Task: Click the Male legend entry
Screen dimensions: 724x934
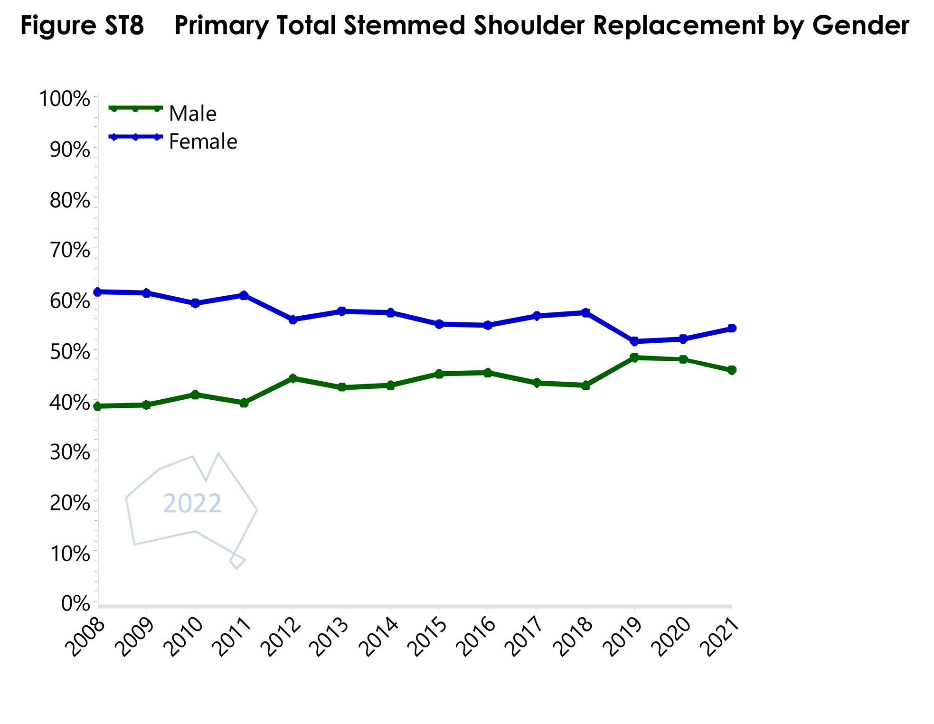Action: (192, 114)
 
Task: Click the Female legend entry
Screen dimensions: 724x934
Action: (203, 141)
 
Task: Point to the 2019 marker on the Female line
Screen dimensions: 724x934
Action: (634, 341)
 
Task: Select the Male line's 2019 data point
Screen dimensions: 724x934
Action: (634, 357)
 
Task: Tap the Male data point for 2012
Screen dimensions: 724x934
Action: (293, 378)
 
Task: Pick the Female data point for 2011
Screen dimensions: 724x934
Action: (244, 295)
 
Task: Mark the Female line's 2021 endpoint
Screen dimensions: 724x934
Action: (732, 328)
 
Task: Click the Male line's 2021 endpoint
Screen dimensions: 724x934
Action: (732, 370)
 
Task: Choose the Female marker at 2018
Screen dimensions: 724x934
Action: (585, 312)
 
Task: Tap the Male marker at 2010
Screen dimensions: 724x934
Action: (195, 395)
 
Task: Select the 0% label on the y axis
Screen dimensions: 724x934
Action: (75, 604)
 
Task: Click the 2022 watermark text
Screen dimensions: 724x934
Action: (192, 503)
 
